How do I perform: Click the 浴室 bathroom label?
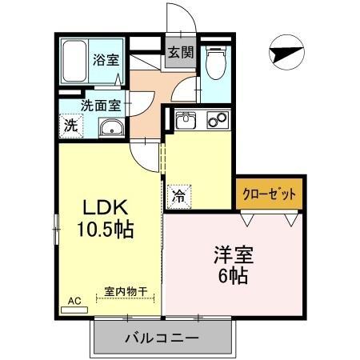103,59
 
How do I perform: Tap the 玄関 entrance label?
180,54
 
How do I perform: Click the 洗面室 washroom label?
101,105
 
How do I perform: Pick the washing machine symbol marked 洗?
71,125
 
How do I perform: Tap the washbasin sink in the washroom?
110,128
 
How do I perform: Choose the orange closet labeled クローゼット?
270,194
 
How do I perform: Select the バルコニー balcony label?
161,338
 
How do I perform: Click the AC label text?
74,301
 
